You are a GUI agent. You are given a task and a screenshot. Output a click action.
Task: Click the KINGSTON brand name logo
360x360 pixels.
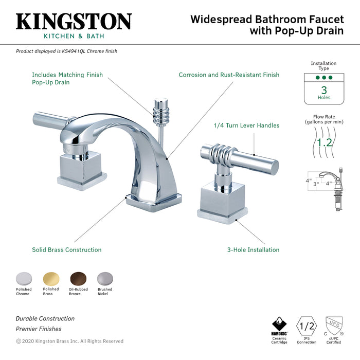[74, 21]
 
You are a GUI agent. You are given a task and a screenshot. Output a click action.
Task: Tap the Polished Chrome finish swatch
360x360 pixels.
[24, 278]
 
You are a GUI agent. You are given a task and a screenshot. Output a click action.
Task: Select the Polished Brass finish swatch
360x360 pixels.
[51, 278]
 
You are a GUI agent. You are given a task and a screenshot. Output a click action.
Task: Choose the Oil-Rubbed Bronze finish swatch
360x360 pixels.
[78, 278]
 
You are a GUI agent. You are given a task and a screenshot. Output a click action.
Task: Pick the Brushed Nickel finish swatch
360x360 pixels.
[105, 278]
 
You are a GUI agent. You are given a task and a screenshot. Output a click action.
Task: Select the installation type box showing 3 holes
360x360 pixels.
[323, 86]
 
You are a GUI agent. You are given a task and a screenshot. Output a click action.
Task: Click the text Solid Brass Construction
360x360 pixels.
[66, 250]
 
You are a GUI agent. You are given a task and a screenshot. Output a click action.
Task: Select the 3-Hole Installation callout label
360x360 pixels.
[253, 250]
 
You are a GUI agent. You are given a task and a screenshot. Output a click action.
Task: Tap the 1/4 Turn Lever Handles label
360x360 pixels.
[246, 125]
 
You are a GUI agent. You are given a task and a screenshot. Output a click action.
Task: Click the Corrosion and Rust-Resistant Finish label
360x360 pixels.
[229, 75]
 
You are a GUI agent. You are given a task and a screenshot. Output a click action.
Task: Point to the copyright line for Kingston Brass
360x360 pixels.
[69, 341]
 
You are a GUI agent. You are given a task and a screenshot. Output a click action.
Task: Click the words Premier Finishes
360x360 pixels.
[39, 329]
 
